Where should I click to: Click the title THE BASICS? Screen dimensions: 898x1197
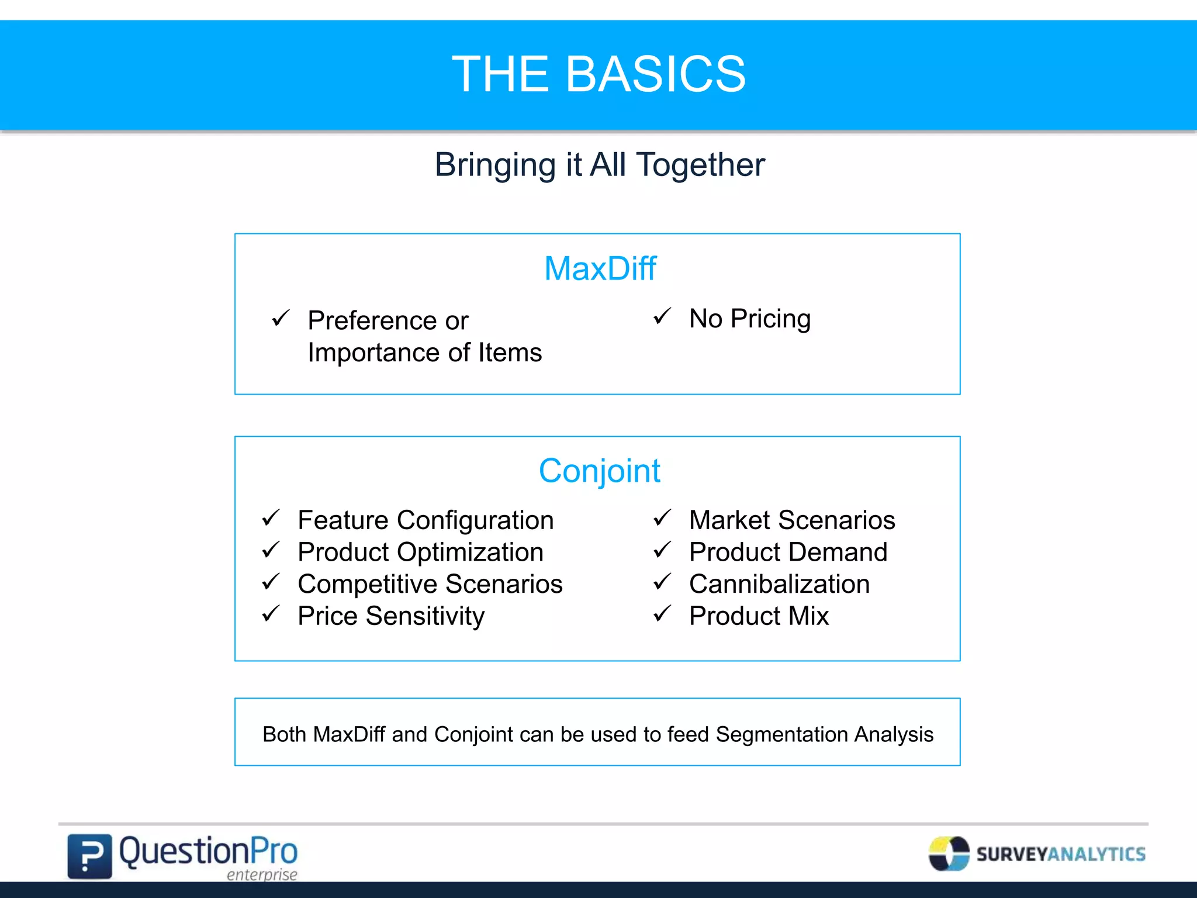pos(598,74)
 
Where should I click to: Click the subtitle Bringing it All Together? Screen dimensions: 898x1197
pos(599,165)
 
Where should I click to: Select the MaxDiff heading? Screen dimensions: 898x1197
pos(600,269)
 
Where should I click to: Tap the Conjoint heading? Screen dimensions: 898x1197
pos(599,471)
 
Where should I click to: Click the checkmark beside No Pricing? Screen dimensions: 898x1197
pos(662,317)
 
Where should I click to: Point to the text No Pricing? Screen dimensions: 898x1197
pos(750,319)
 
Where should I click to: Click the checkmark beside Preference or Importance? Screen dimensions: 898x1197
pos(281,319)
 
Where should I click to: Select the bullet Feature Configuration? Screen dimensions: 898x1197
pos(425,520)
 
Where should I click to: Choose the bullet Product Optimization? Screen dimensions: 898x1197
pos(420,552)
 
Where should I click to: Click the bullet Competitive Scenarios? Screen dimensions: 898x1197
pos(430,584)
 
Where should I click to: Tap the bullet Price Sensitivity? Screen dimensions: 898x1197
pos(391,616)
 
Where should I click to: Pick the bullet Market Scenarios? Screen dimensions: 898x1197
pos(791,520)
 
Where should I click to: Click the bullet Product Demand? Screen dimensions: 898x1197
pos(788,552)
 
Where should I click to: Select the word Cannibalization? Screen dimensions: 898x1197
pos(779,584)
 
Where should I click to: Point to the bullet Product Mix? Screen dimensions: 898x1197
pos(759,616)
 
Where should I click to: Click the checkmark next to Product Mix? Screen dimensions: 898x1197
pos(662,614)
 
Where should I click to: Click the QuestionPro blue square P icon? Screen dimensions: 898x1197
pos(89,856)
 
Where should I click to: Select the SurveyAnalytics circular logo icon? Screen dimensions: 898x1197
pos(949,854)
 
